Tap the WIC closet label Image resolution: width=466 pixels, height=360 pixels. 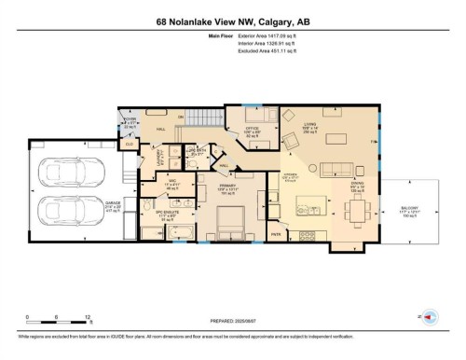click(x=171, y=183)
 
